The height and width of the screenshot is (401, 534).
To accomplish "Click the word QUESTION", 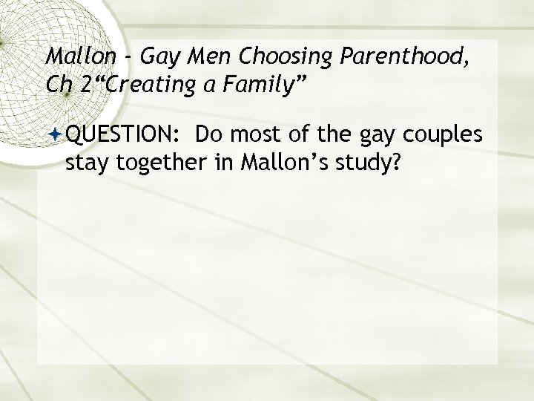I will (x=124, y=136).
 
